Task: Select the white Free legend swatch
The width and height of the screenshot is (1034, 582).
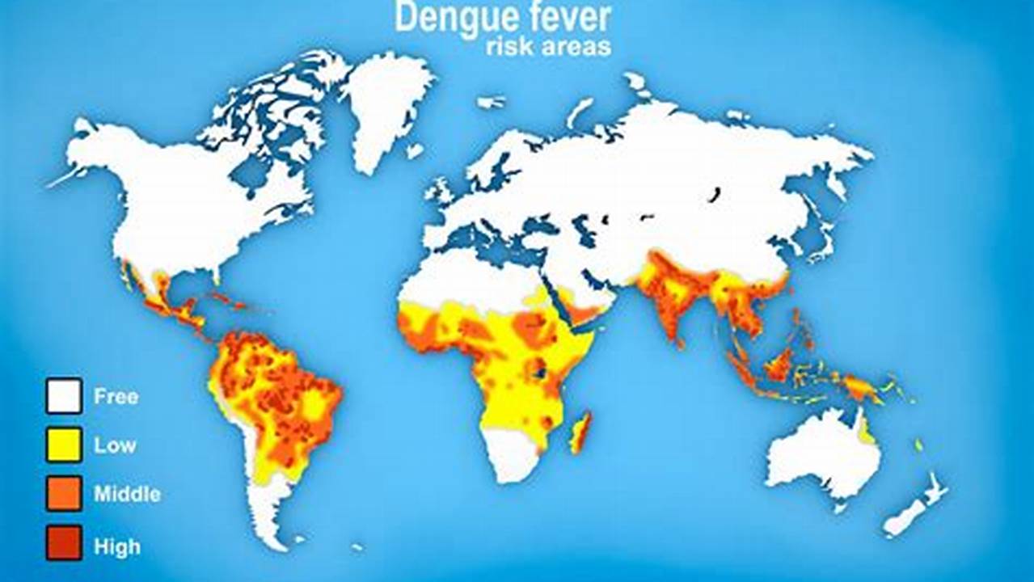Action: click(64, 396)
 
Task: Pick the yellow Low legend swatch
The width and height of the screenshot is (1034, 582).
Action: click(64, 445)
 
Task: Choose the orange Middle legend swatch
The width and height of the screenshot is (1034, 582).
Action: click(64, 493)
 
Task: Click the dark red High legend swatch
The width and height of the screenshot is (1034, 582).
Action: click(64, 542)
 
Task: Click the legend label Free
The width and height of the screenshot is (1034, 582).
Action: click(116, 397)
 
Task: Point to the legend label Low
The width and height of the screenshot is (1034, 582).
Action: click(115, 445)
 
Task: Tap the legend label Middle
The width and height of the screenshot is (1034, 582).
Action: click(127, 494)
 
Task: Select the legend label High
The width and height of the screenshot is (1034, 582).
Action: click(116, 547)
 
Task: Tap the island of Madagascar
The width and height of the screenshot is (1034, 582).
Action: click(580, 432)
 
